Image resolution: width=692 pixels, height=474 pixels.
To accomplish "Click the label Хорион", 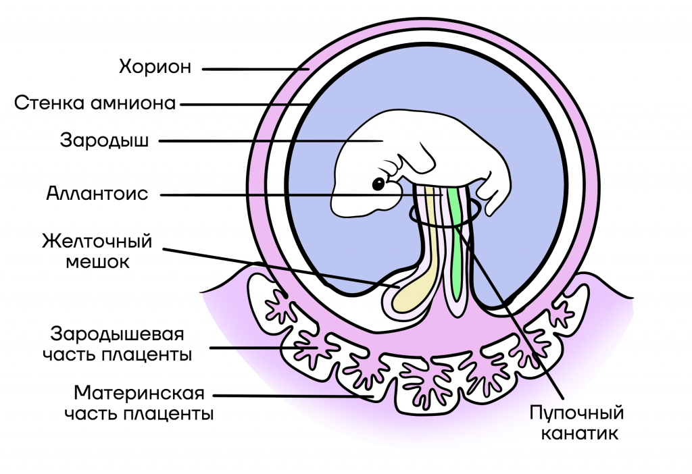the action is click(x=155, y=67).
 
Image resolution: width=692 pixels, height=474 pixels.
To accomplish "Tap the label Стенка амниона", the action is click(x=95, y=103).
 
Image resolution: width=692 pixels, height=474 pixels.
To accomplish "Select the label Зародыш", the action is click(x=104, y=140).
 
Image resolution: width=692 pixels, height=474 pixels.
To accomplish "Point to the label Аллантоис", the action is click(x=97, y=194).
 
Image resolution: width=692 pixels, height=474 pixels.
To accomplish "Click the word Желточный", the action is click(x=97, y=242).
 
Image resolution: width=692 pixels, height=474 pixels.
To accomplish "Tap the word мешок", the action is click(x=97, y=262).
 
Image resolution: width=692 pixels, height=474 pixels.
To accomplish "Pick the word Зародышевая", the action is click(x=117, y=334).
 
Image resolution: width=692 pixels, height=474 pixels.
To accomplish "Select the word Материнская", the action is click(x=139, y=393).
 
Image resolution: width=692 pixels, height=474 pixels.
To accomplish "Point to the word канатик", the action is click(x=579, y=433).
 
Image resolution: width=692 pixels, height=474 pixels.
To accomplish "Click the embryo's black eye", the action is click(x=378, y=184).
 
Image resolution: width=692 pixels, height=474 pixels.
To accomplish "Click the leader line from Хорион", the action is click(x=256, y=70).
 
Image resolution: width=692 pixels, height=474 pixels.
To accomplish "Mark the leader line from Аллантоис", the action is click(x=301, y=194).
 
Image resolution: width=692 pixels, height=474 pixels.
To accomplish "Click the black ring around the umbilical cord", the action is click(x=443, y=215).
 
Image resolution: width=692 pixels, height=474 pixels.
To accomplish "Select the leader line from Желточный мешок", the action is click(x=282, y=267).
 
